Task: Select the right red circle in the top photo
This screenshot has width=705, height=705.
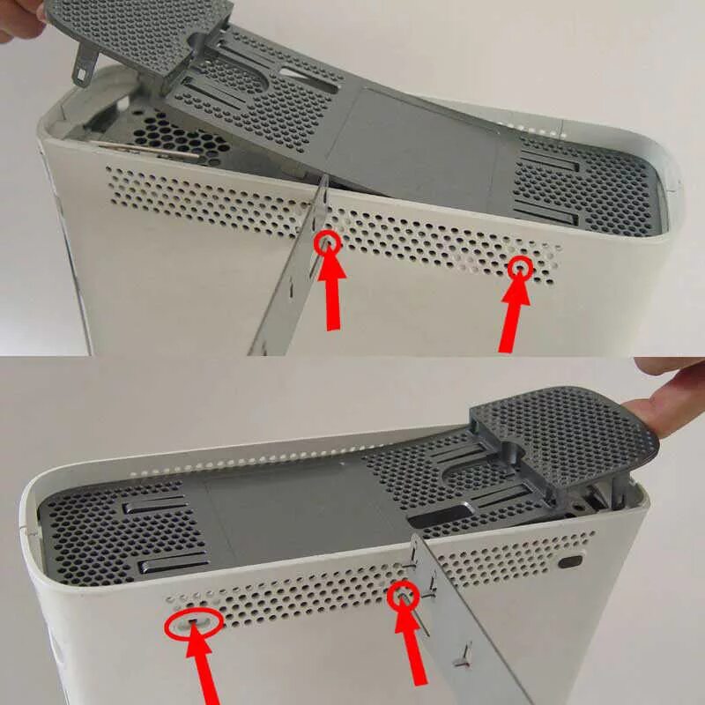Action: [522, 265]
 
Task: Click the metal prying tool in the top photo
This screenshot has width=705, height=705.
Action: [291, 282]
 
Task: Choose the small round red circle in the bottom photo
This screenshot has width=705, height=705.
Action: [404, 595]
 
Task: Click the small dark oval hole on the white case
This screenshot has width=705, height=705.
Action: [572, 560]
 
